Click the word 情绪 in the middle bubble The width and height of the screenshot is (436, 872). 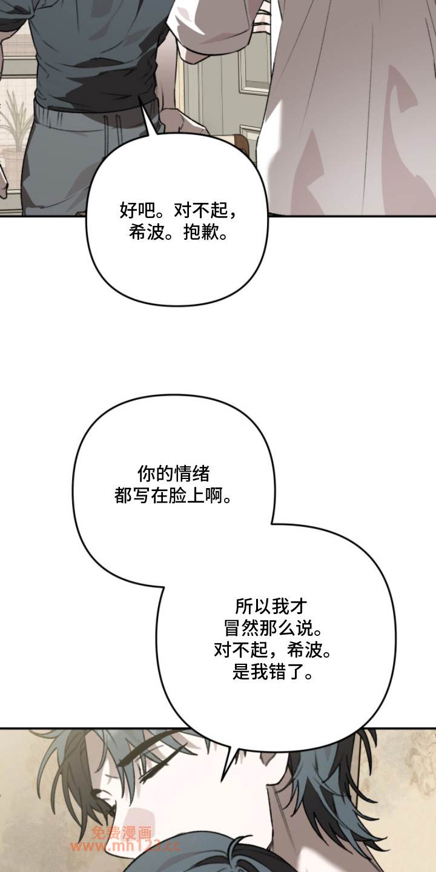192,474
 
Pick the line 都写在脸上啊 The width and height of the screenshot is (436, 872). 173,496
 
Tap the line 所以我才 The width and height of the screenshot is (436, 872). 271,607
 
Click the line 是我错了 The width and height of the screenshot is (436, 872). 272,672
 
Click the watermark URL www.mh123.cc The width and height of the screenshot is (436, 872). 125,845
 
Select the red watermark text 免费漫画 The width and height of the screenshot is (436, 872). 121,832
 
